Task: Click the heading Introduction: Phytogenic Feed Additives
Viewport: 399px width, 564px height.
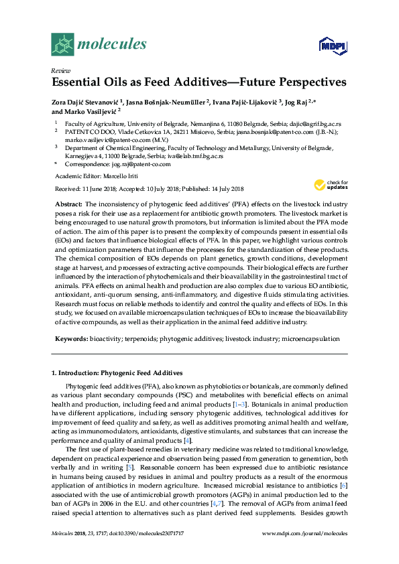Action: click(x=121, y=372)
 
